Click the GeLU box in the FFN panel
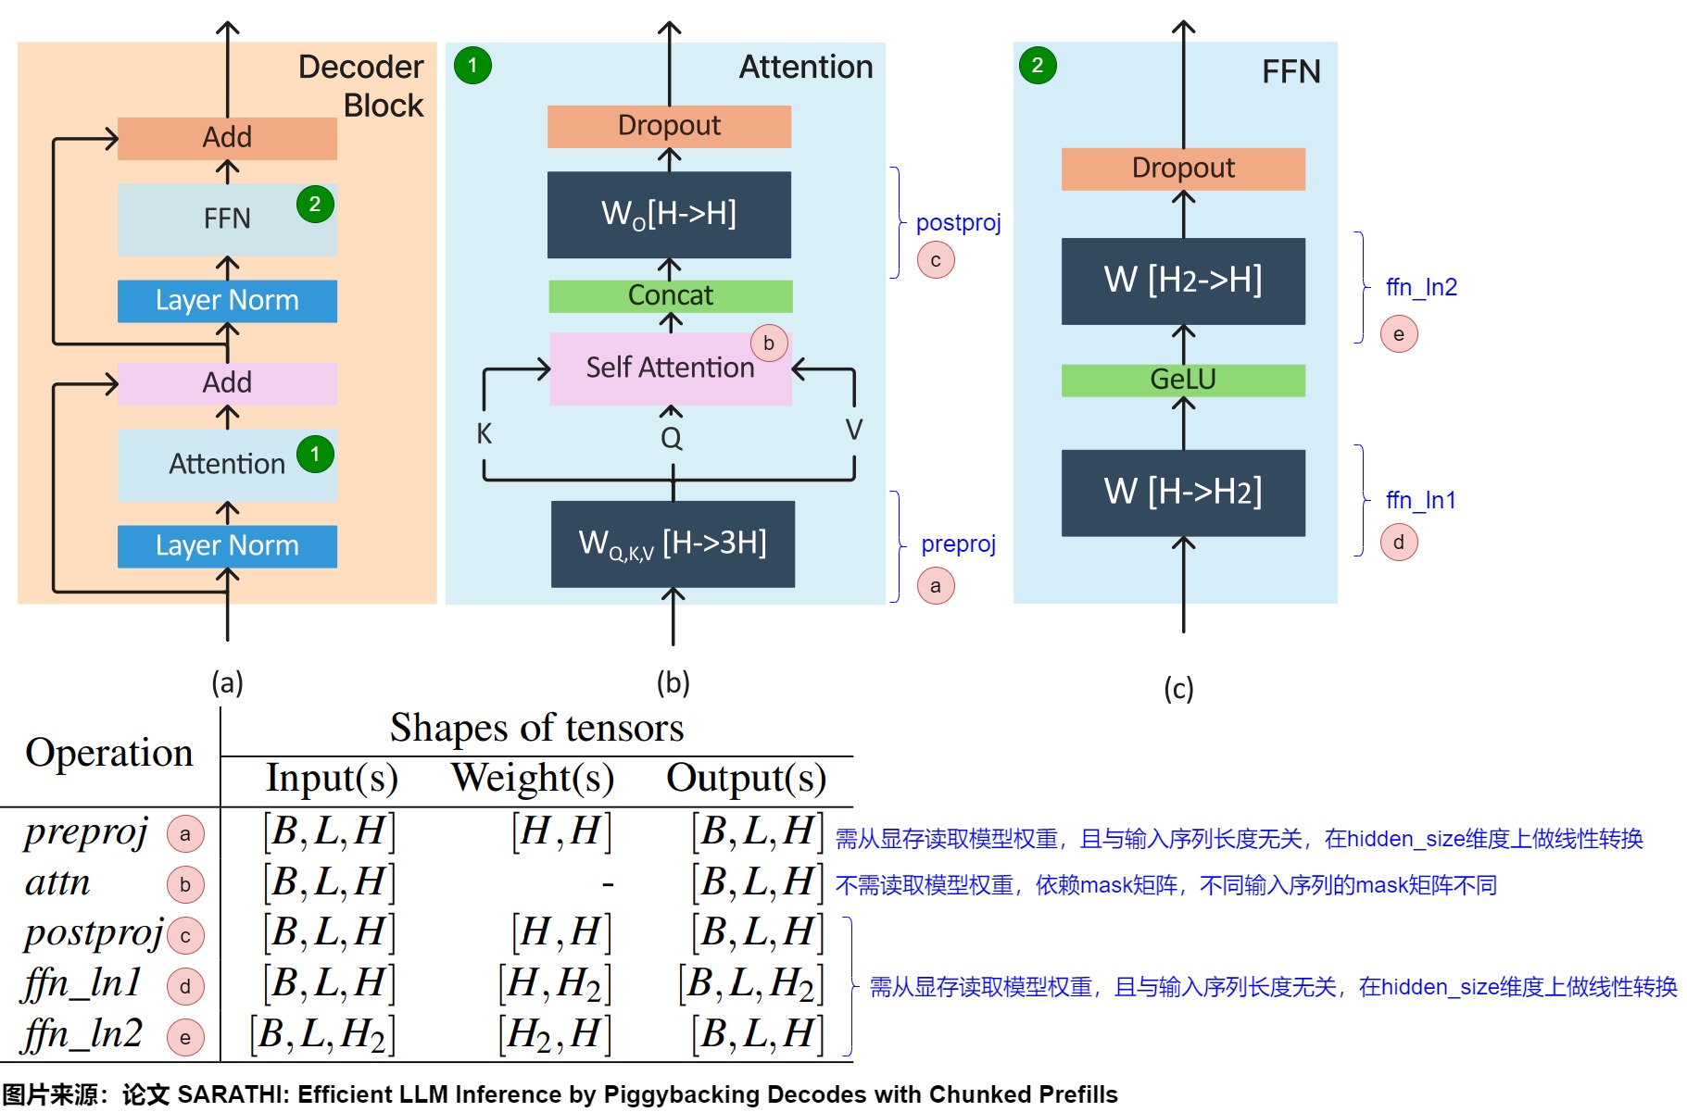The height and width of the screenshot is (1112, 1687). (x=1183, y=380)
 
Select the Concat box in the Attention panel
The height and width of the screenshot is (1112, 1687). (x=670, y=295)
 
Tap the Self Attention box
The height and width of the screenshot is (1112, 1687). (x=670, y=369)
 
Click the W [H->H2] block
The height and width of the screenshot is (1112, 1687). (x=1183, y=493)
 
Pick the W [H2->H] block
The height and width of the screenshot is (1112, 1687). (x=1183, y=281)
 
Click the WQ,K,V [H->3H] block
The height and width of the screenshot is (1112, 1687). (x=673, y=544)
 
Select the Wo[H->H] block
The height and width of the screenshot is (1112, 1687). (x=669, y=214)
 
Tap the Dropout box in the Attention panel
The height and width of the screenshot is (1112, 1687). (x=669, y=126)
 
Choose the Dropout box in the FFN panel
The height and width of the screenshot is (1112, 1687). (x=1183, y=169)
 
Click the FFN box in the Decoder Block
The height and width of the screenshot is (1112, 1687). (x=227, y=219)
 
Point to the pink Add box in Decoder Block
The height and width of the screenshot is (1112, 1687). (x=227, y=383)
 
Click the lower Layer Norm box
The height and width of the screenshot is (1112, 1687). (x=227, y=546)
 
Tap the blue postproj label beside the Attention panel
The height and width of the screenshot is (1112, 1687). (x=958, y=223)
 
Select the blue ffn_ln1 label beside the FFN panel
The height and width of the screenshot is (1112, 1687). (x=1420, y=500)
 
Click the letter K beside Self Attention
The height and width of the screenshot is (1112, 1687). (x=484, y=433)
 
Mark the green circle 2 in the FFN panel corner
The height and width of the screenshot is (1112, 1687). (x=1038, y=66)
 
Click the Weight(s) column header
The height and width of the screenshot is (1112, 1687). (x=533, y=778)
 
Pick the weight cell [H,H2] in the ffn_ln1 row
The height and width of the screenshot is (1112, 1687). (x=554, y=983)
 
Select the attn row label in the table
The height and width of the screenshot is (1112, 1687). (x=57, y=882)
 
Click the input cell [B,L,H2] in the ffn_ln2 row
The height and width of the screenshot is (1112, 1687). (x=322, y=1034)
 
